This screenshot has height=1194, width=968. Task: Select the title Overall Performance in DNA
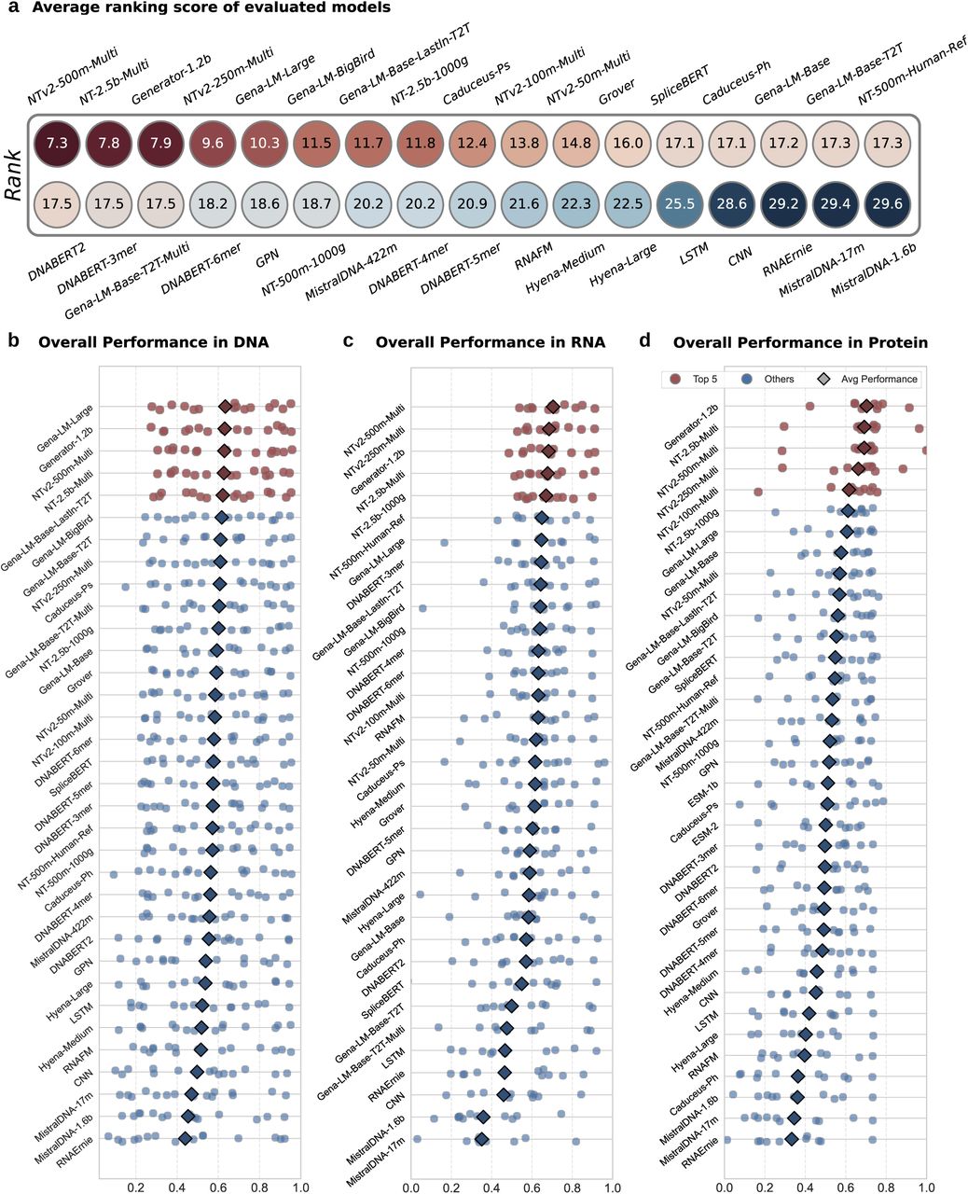[x=153, y=342]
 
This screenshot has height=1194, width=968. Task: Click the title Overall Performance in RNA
[x=490, y=342]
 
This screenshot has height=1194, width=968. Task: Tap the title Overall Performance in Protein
[x=800, y=342]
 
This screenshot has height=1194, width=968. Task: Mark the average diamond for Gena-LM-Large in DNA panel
[x=225, y=406]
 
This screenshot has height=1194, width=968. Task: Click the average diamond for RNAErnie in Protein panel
[x=791, y=1138]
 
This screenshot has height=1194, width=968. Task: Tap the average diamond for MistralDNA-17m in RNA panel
[x=482, y=1138]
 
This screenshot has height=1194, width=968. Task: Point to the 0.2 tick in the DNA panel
[x=136, y=1162]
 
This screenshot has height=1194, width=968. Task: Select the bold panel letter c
[x=348, y=341]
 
